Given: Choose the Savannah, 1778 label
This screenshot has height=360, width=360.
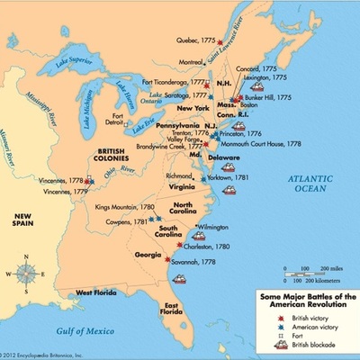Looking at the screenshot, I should [x=194, y=262].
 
